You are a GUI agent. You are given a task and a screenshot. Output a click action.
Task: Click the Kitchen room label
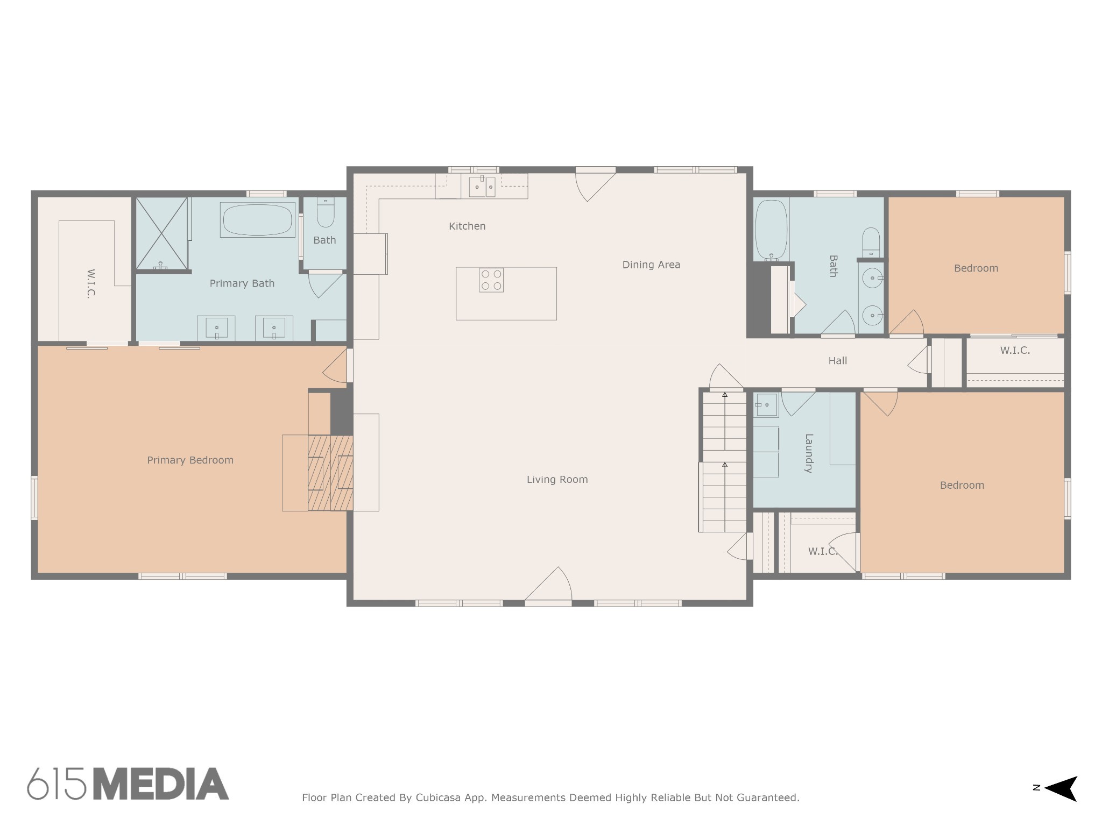tap(467, 226)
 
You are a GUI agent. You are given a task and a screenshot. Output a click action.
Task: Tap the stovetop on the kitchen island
tap(491, 280)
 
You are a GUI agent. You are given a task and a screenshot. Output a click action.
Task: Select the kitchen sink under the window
tap(483, 187)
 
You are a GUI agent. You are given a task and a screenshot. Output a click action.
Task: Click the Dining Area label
tap(651, 265)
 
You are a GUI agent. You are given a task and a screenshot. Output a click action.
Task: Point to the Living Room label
tap(557, 479)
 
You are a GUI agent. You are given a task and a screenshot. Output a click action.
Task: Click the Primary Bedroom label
tap(190, 460)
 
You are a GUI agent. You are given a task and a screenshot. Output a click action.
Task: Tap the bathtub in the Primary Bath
tap(257, 220)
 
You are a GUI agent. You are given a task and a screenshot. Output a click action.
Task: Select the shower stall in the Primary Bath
tap(161, 233)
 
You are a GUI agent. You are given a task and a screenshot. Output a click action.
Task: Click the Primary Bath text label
tap(242, 283)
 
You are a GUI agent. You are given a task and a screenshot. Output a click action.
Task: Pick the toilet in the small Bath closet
tap(326, 213)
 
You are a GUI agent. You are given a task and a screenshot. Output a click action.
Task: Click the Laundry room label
tap(808, 453)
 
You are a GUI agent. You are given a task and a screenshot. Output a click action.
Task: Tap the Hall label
tap(837, 361)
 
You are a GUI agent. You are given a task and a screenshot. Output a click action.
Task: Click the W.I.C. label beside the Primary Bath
tap(90, 283)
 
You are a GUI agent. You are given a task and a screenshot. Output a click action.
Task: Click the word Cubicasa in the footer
tap(437, 797)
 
